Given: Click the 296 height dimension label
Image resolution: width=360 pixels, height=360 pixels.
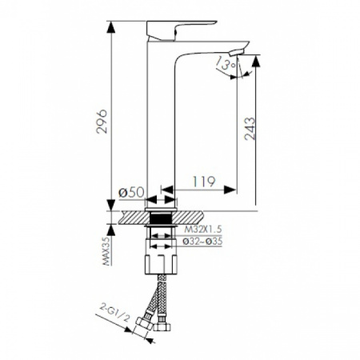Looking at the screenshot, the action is (x=102, y=122).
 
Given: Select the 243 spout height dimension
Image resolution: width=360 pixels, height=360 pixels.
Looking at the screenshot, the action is (x=250, y=129).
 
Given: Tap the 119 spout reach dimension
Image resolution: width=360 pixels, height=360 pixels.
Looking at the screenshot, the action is (x=204, y=182).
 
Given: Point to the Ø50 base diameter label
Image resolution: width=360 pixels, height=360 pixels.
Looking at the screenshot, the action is (x=131, y=192).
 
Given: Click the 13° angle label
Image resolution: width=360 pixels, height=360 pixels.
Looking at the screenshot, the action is (x=226, y=64).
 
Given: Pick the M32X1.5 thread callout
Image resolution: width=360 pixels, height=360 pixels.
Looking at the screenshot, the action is (x=203, y=229).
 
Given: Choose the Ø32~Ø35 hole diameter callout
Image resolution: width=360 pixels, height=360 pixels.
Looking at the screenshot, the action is (x=202, y=242).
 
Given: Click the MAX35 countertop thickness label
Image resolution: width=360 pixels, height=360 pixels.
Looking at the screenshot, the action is (x=107, y=251).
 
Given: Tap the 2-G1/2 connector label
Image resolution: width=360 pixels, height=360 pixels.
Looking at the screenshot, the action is (x=115, y=312).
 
